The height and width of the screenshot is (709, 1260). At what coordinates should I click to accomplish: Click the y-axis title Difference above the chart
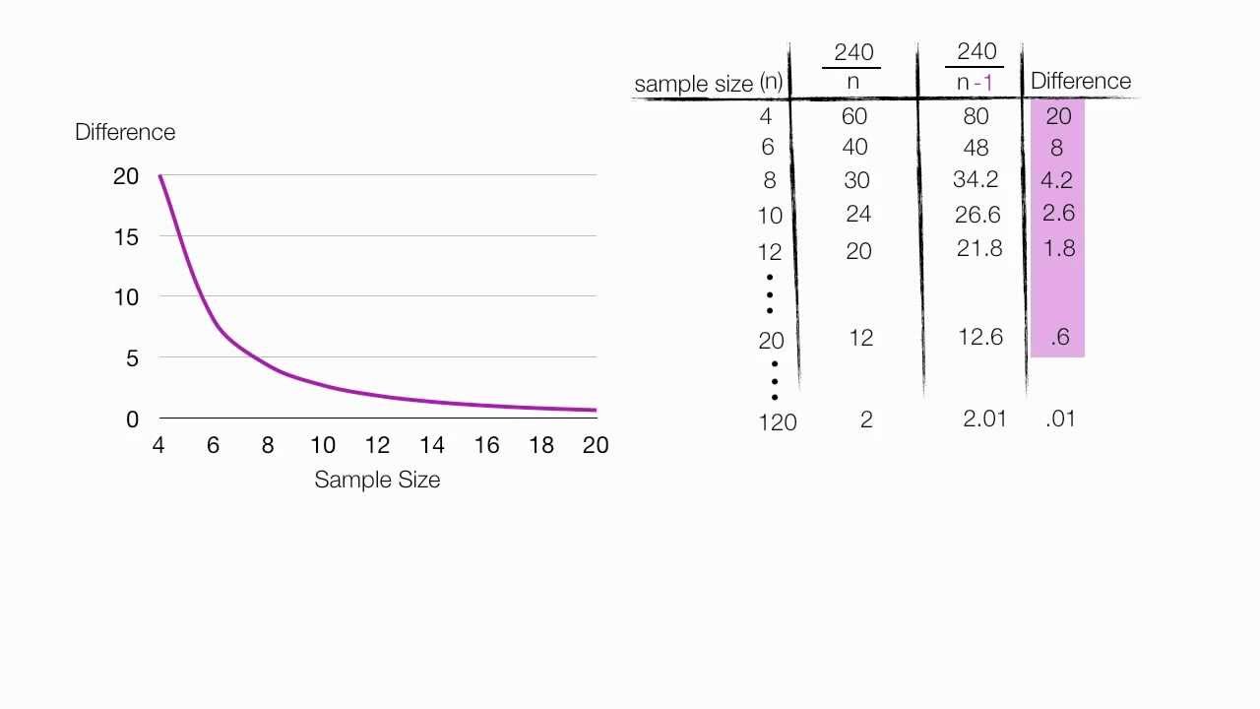pyautogui.click(x=125, y=132)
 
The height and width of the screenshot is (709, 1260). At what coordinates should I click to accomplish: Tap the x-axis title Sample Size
pyautogui.click(x=377, y=480)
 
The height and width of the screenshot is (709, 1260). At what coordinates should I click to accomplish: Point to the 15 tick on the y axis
pyautogui.click(x=126, y=236)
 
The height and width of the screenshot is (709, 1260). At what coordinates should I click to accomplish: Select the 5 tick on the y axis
pyautogui.click(x=132, y=357)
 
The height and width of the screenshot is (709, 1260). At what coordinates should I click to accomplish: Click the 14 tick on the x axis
pyautogui.click(x=432, y=445)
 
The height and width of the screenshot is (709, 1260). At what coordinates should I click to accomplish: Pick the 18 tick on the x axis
pyautogui.click(x=541, y=445)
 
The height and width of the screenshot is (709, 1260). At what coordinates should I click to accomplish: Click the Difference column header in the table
pyautogui.click(x=1080, y=81)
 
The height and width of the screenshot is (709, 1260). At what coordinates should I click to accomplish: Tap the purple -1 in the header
pyautogui.click(x=983, y=83)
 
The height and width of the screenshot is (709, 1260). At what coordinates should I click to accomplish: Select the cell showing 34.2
pyautogui.click(x=976, y=179)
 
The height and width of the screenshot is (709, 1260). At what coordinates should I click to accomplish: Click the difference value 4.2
pyautogui.click(x=1056, y=180)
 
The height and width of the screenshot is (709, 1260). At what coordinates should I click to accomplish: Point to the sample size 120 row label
pyautogui.click(x=777, y=422)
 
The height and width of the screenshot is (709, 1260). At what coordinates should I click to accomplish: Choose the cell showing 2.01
pyautogui.click(x=984, y=419)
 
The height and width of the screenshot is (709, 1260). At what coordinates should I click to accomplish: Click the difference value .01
pyautogui.click(x=1060, y=419)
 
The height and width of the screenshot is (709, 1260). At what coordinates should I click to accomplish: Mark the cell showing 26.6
pyautogui.click(x=977, y=215)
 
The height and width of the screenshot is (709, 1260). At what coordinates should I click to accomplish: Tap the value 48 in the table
pyautogui.click(x=975, y=148)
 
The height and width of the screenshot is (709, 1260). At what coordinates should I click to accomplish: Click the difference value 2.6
pyautogui.click(x=1057, y=213)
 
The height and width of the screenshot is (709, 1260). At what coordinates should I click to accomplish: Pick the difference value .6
pyautogui.click(x=1059, y=337)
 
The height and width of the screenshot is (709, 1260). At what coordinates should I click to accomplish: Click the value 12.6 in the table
pyautogui.click(x=979, y=337)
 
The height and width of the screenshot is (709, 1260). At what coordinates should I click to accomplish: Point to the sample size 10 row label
pyautogui.click(x=770, y=216)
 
